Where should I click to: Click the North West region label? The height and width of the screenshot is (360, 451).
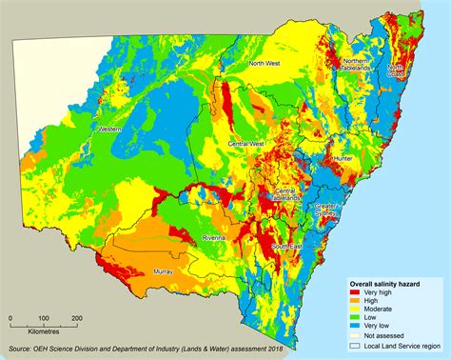(x=264, y=64)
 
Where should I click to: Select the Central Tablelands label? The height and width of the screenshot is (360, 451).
(x=285, y=195)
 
